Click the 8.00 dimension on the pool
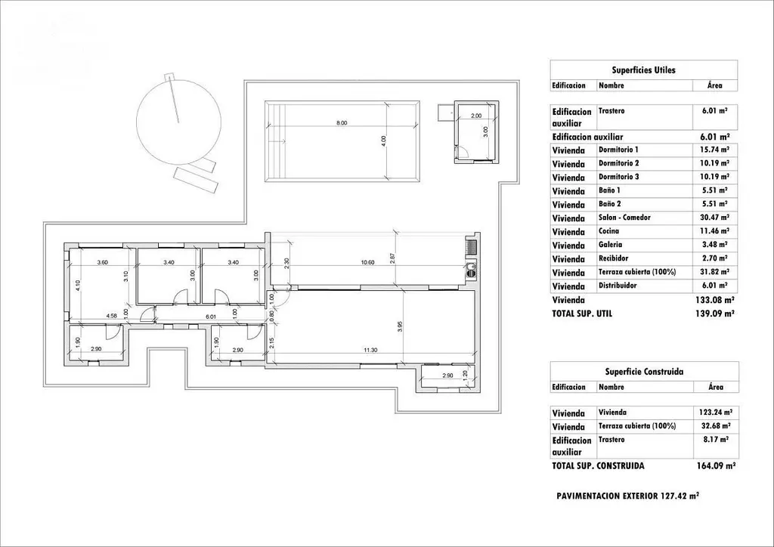click(342, 123)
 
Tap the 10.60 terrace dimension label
click(368, 262)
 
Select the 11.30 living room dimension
click(370, 351)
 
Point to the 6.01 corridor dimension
click(211, 317)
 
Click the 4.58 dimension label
click(112, 316)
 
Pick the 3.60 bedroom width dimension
click(102, 262)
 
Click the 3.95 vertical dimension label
click(401, 326)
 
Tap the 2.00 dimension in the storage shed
click(476, 116)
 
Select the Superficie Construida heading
click(644, 372)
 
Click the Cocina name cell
click(608, 231)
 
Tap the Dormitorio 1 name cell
click(618, 150)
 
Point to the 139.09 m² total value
click(715, 314)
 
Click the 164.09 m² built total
click(716, 465)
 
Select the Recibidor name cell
click(613, 258)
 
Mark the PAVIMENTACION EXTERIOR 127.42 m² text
click(627, 496)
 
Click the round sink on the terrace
click(472, 269)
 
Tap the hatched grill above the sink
click(472, 246)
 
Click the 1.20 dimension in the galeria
click(464, 375)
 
